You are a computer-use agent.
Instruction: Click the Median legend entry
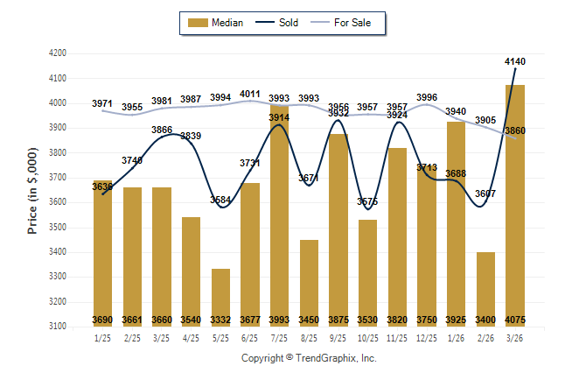tap(219, 23)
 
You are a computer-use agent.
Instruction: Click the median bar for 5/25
tap(221, 298)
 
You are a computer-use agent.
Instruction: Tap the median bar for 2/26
tap(485, 289)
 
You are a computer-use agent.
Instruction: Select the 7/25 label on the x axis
tap(279, 338)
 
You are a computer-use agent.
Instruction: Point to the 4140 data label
tap(515, 61)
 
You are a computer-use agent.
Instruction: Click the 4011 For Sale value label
tap(250, 94)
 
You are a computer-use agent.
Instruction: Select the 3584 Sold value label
tap(221, 201)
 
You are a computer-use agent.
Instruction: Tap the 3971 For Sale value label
tap(102, 104)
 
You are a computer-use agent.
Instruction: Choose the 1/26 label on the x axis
tap(456, 338)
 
